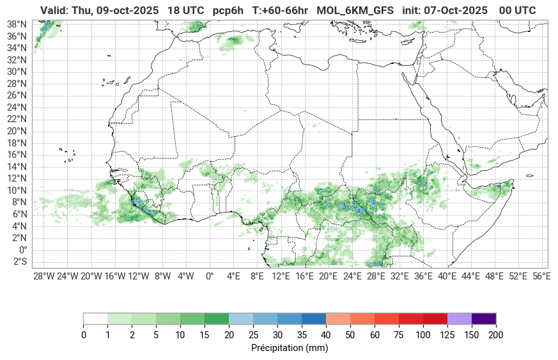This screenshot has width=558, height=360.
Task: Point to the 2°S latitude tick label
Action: (x=19, y=262)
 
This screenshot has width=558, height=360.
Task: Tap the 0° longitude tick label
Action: (x=210, y=276)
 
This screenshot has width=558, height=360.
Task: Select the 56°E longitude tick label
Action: (x=541, y=276)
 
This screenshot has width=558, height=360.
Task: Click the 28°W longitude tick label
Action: (x=43, y=276)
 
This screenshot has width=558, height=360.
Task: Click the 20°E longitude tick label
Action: (x=329, y=276)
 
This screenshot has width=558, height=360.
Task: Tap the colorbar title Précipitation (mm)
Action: (x=290, y=348)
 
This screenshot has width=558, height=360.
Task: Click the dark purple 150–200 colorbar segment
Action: (x=483, y=318)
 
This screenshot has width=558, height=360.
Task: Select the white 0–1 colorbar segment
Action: (x=95, y=318)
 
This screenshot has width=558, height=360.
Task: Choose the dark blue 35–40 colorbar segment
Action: (x=313, y=318)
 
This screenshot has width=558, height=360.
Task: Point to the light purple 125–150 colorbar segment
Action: (x=459, y=318)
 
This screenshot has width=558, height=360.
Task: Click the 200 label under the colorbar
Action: (x=495, y=335)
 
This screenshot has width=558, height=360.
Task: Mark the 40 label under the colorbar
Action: (x=325, y=335)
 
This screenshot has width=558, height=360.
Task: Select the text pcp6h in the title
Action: (x=228, y=10)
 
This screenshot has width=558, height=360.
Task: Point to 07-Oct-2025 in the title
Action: (x=457, y=10)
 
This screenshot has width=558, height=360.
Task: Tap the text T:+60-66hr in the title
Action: (x=280, y=10)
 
